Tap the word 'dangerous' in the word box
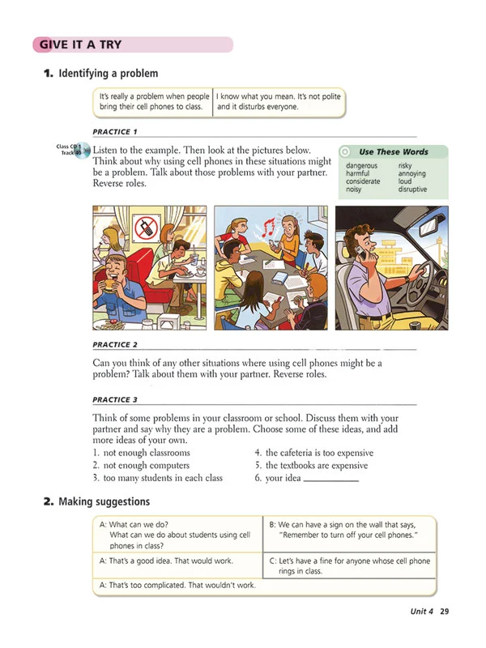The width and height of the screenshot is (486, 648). pyautogui.click(x=360, y=166)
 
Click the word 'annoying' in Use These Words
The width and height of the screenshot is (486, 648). pyautogui.click(x=411, y=174)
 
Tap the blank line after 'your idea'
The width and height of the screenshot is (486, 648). pyautogui.click(x=330, y=479)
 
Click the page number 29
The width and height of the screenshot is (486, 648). pyautogui.click(x=444, y=612)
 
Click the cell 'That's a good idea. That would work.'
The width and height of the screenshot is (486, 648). pyautogui.click(x=166, y=561)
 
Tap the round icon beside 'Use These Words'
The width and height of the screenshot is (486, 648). pyautogui.click(x=346, y=151)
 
